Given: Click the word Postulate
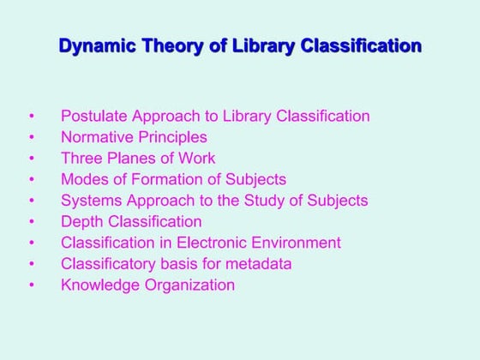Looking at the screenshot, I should (92, 116).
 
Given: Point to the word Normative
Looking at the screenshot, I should (94, 137).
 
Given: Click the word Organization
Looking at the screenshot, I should (189, 285).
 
